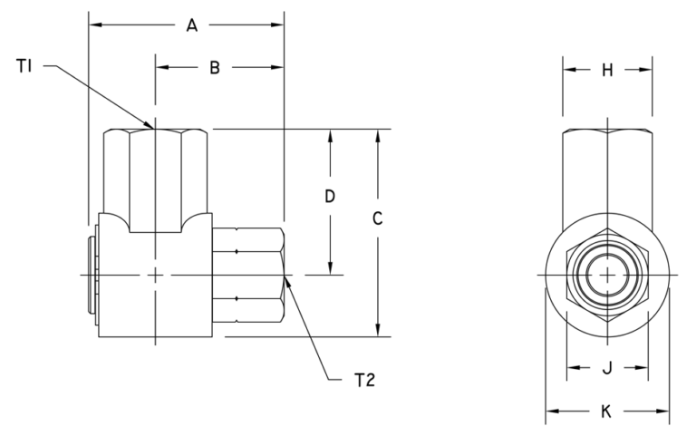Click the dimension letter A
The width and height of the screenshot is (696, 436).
(x=192, y=25)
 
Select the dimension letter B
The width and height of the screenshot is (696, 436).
(x=215, y=67)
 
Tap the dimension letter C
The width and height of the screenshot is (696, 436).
(x=378, y=218)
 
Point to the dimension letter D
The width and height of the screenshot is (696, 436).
(x=331, y=197)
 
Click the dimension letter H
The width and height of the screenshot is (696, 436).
(x=607, y=70)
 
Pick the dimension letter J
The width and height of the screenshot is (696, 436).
(x=607, y=368)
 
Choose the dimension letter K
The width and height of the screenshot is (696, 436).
(x=607, y=412)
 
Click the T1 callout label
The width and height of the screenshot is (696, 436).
(x=25, y=65)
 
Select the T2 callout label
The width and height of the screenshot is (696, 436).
(x=363, y=381)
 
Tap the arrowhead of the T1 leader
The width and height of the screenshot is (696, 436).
(x=153, y=127)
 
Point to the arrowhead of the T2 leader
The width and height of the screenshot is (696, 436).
(x=286, y=278)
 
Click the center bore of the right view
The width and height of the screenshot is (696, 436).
(x=607, y=275)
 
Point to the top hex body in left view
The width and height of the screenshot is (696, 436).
(x=156, y=177)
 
